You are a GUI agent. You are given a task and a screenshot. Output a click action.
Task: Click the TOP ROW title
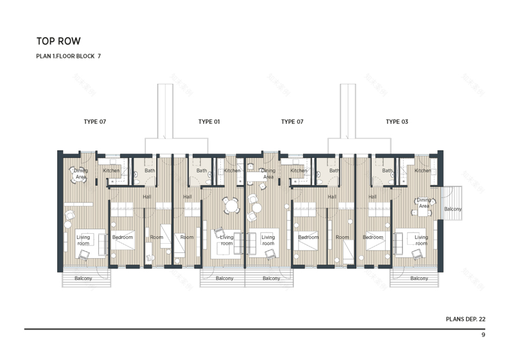click(x=58, y=41)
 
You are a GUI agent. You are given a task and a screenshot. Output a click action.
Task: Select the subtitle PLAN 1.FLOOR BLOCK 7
click(x=68, y=56)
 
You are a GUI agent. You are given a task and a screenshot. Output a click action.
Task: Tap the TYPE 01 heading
click(x=209, y=122)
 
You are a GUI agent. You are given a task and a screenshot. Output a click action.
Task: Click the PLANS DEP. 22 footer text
click(x=465, y=319)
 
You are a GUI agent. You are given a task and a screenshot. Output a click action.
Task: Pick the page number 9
click(x=483, y=335)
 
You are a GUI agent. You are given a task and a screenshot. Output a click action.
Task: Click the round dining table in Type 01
click(x=231, y=205)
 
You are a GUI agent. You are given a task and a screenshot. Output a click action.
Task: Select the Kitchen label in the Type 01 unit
click(x=232, y=171)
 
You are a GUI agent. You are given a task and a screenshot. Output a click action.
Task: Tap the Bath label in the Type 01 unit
click(x=201, y=171)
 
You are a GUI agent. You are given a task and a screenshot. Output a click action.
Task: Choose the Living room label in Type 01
click(x=226, y=240)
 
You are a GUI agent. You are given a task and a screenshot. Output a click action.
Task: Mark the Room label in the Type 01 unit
click(x=187, y=237)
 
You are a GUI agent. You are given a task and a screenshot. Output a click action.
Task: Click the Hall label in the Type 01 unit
click(x=187, y=197)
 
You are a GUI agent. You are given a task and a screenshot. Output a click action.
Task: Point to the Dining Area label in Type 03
click(x=424, y=203)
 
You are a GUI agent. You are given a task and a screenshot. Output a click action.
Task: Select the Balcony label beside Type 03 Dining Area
click(x=453, y=209)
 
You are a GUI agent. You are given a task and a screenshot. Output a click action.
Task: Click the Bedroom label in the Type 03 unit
click(x=373, y=237)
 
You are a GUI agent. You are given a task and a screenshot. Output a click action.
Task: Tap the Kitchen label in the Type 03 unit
click(x=423, y=171)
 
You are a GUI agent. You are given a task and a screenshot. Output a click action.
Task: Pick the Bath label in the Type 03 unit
click(x=387, y=171)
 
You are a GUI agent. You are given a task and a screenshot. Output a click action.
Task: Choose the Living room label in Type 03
click(x=421, y=240)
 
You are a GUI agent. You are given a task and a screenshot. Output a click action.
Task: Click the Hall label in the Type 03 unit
click(x=372, y=197)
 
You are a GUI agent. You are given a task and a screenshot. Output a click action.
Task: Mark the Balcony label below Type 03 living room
click(x=419, y=278)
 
